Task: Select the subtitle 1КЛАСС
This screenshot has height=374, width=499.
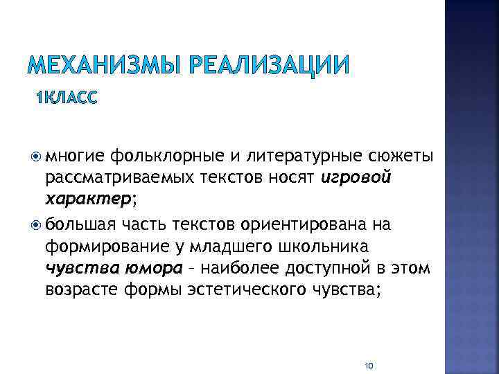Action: click(67, 98)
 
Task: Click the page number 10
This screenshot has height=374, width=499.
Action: click(369, 365)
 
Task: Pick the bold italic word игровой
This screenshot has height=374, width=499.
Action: click(357, 179)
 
